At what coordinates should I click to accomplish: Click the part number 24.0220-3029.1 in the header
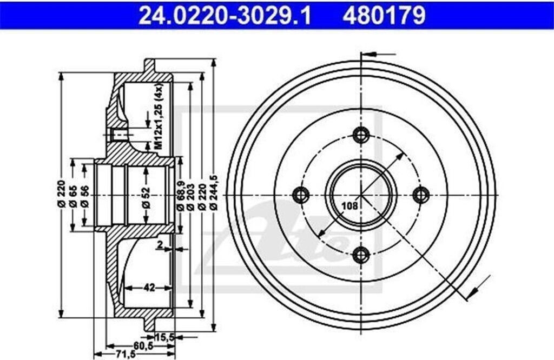coord(225,16)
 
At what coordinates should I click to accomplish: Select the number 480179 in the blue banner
coord(384,16)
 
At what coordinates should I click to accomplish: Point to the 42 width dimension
coord(149,288)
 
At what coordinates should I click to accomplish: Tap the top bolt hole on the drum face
coord(360,134)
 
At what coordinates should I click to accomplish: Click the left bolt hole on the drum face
coord(300,194)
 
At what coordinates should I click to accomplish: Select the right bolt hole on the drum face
coord(421,194)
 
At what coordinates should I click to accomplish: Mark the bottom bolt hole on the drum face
coord(360,254)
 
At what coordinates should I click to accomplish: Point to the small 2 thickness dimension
coord(160,245)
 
